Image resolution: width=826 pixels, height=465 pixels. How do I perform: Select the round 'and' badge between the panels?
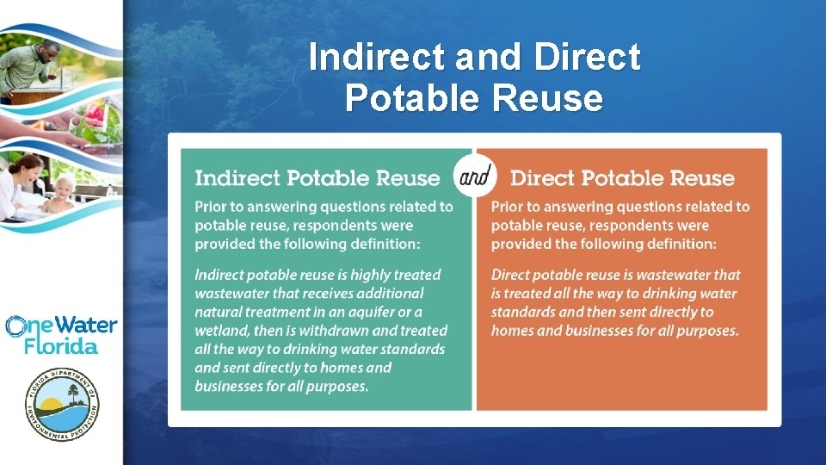point(474,177)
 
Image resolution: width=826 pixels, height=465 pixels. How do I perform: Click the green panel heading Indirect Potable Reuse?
point(317,178)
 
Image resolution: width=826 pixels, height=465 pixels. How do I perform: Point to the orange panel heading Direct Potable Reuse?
point(622,178)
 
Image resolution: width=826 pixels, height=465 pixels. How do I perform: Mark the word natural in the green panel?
point(219,312)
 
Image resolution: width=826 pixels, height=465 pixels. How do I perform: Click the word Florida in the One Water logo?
point(60,345)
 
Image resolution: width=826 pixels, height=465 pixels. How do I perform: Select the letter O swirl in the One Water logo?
point(15,326)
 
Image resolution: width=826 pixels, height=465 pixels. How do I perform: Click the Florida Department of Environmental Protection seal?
point(61,403)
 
